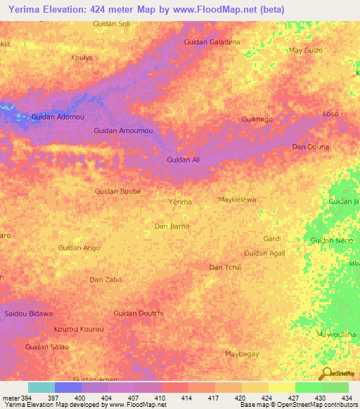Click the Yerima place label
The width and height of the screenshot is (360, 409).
pos(181,202)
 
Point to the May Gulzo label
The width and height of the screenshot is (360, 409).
pos(306,51)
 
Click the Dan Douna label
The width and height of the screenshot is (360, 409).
pos(310,147)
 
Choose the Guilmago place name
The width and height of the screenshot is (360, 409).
pos(257,119)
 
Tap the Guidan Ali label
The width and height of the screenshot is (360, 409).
pos(183,160)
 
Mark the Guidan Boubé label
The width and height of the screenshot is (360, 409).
pos(118,191)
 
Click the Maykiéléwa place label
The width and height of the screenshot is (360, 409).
pos(238,200)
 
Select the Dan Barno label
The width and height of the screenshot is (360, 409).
pos(172,226)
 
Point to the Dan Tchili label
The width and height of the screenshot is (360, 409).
pos(225,267)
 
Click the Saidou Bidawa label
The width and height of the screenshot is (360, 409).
pos(29,313)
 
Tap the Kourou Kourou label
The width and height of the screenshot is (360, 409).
pos(79,329)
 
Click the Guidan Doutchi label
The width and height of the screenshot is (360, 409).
pos(139,313)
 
